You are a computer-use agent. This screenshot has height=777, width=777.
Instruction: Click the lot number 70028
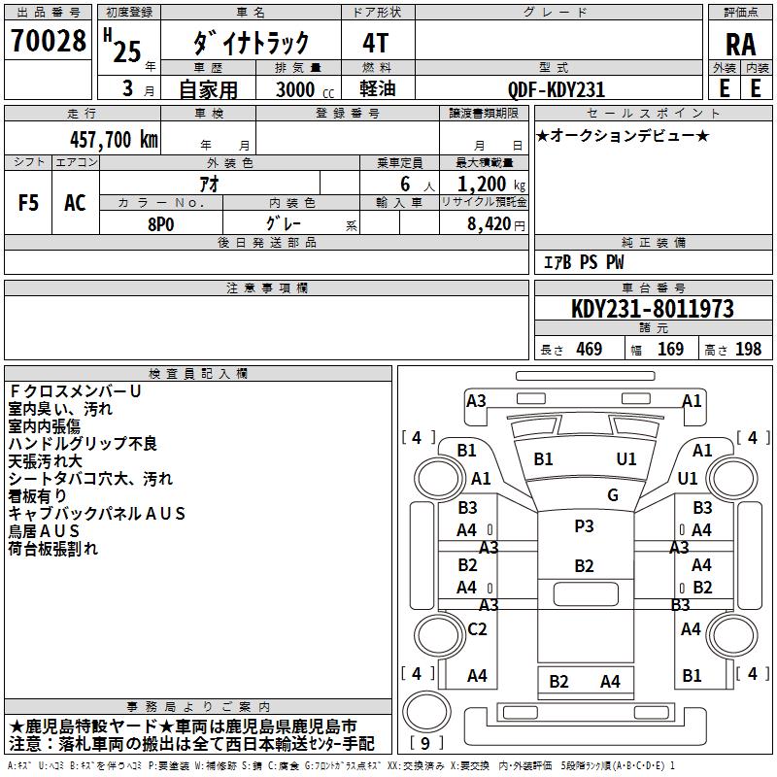point(48,41)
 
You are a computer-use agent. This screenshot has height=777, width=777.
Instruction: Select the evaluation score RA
point(740,45)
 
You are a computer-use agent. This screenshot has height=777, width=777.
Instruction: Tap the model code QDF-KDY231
point(557,89)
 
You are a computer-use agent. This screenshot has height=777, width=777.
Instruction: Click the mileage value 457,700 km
point(114,139)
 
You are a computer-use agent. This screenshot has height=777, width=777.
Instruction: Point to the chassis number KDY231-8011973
point(653,309)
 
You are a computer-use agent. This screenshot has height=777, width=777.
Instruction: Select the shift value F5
point(28,203)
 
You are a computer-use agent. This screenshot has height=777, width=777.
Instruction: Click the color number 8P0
point(160,224)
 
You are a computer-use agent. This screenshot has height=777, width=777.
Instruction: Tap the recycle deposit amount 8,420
point(490,224)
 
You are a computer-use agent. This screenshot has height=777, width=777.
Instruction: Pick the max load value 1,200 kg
point(490,185)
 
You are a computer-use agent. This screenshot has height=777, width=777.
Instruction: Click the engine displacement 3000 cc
point(305,89)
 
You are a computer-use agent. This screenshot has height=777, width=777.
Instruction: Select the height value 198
point(748,349)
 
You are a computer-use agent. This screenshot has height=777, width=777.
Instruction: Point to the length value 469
point(590,349)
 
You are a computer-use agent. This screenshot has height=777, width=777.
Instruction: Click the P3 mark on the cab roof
point(584,525)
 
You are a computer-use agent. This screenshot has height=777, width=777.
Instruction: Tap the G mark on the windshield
point(613,494)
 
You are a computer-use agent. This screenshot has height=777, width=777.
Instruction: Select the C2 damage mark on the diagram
point(477,628)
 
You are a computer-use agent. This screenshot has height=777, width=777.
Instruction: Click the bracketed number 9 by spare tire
point(425,743)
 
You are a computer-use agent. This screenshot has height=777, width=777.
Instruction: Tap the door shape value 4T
point(375,43)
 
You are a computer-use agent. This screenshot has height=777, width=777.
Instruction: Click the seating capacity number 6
point(405,184)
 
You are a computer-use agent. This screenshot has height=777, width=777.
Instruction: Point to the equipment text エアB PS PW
point(584,262)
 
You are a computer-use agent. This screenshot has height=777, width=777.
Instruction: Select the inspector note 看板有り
point(37,496)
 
